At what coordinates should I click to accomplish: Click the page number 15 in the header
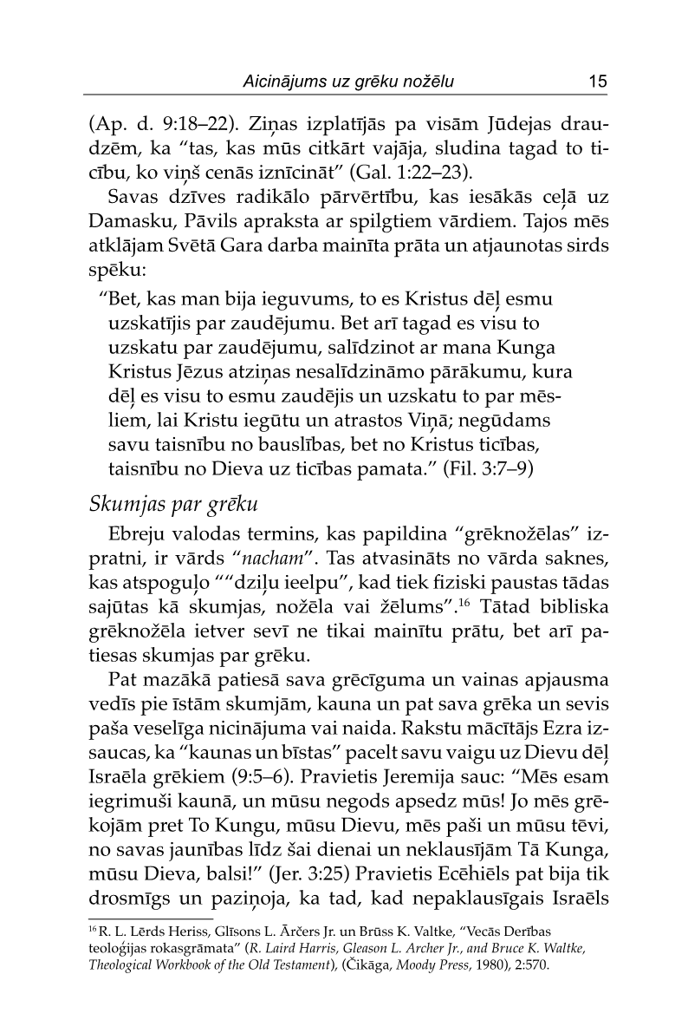coord(596,82)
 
